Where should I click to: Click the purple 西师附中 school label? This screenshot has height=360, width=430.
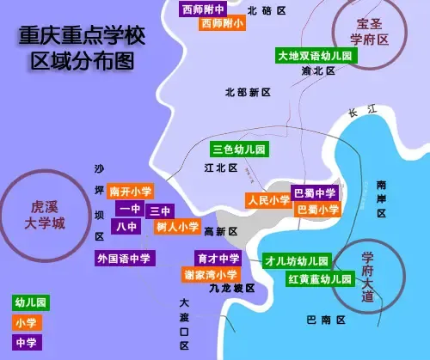204,9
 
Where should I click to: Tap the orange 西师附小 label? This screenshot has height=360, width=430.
222,24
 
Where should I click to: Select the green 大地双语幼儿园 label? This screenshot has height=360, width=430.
316,56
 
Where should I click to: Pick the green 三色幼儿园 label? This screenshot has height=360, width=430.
240,149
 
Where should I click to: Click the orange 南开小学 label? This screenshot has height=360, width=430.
131,192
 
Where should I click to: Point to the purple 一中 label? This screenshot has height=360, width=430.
130,209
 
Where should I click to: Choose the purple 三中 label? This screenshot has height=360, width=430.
160,211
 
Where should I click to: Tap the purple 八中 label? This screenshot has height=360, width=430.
126,227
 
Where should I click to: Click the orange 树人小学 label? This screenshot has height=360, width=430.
177,227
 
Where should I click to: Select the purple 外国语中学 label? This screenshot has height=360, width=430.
125,258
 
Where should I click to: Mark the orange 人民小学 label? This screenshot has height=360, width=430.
267,200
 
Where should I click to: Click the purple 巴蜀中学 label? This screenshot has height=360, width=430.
314,192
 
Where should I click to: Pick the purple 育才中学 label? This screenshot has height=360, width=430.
218,258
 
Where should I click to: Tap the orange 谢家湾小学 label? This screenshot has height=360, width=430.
211,274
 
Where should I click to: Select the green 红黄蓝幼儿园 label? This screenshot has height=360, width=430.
320,279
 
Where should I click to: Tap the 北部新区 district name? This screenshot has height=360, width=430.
249,92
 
